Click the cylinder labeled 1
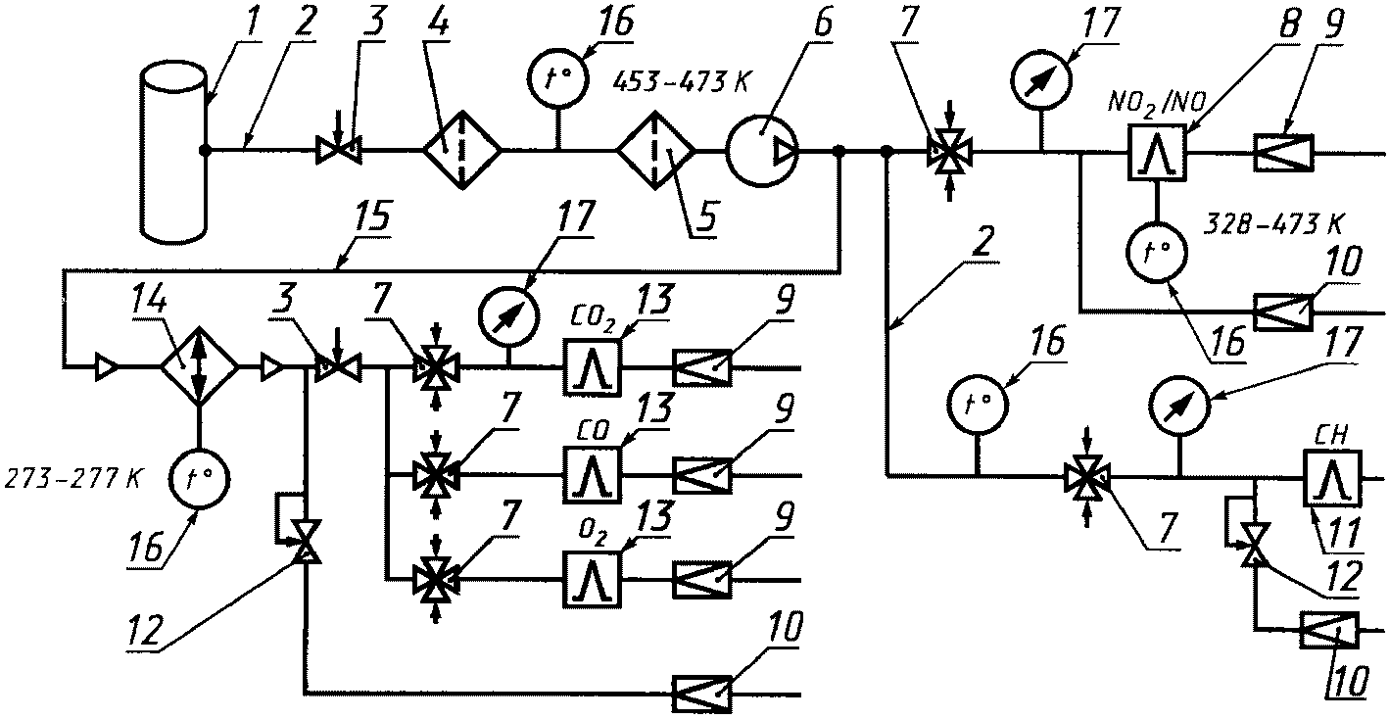point(173,152)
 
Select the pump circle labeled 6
point(762,150)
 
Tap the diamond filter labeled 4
point(462,150)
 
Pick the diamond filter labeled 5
point(656,150)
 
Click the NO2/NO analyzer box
point(1157,152)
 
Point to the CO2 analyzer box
point(593,367)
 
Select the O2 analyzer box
point(593,580)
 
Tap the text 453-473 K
point(680,82)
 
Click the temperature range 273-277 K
point(73,479)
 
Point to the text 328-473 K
point(1273,224)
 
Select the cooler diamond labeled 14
point(199,366)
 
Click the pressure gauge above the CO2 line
point(507,316)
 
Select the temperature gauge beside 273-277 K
point(199,480)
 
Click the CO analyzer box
point(593,474)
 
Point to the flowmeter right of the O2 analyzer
point(702,580)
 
